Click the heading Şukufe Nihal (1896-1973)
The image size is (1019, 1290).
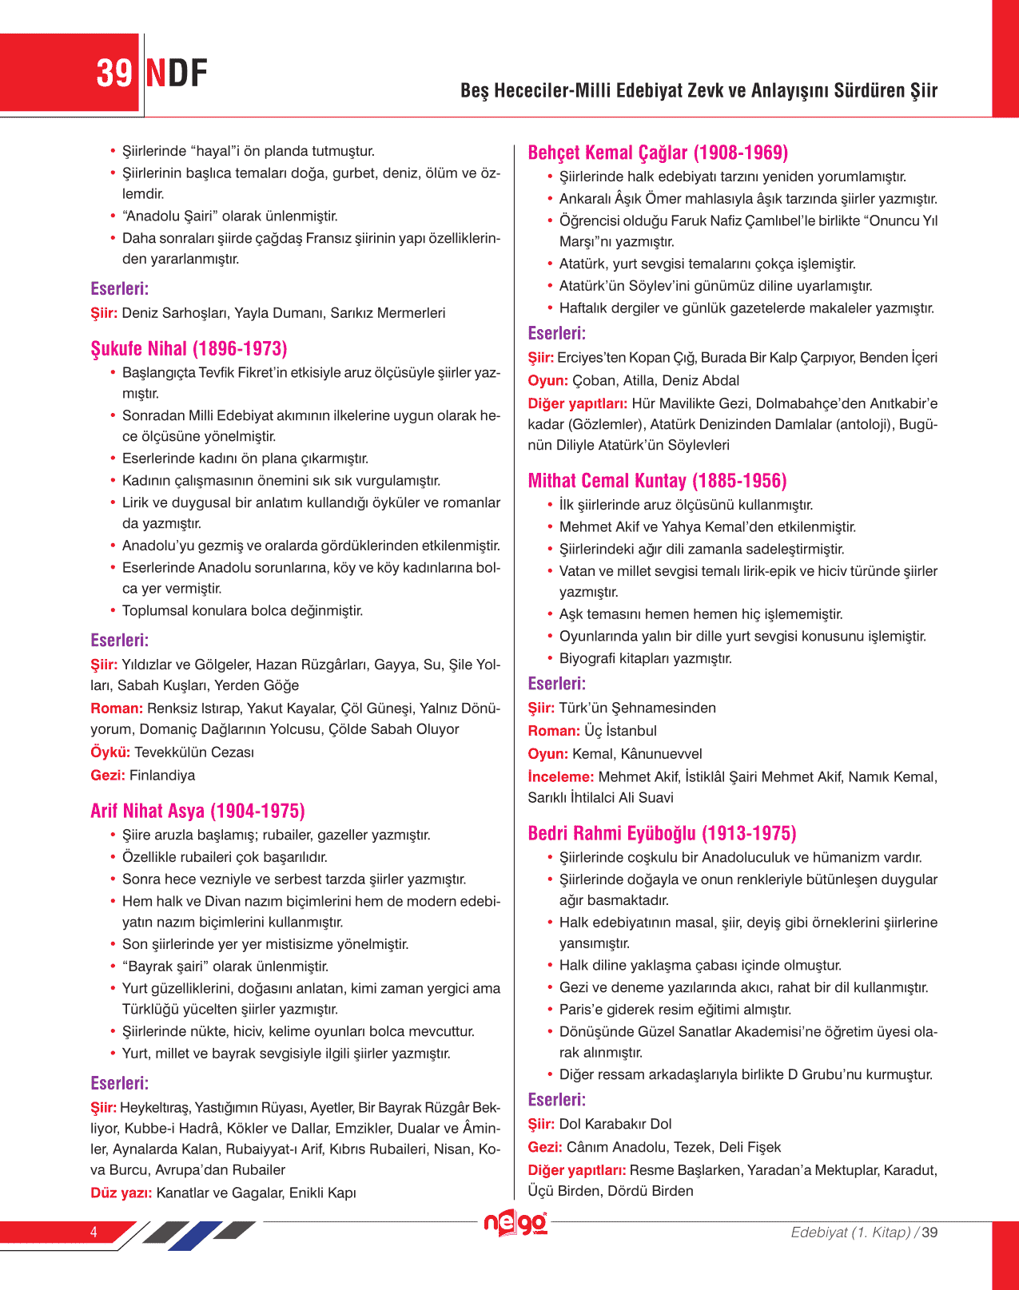(x=189, y=349)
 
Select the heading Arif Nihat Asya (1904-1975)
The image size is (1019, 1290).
(x=197, y=812)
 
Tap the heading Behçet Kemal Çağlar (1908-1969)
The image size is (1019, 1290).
(x=658, y=153)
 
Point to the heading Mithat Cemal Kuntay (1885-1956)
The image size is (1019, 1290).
(x=657, y=481)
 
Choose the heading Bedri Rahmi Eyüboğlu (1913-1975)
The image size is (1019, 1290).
(x=662, y=834)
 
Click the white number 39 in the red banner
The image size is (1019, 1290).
(x=113, y=73)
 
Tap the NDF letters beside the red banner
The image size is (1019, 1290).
(x=177, y=73)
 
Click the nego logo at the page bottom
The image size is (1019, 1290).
(x=515, y=1223)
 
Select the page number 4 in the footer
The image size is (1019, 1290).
(x=94, y=1232)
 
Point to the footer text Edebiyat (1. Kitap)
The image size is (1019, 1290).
(x=850, y=1232)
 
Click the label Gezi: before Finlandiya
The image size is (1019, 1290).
(x=108, y=776)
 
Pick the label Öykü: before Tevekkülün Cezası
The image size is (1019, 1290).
(x=110, y=752)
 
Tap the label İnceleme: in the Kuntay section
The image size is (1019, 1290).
(x=560, y=777)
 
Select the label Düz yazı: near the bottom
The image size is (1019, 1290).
(x=121, y=1193)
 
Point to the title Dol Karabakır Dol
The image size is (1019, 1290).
(x=615, y=1125)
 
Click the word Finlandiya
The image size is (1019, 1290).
(x=162, y=776)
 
